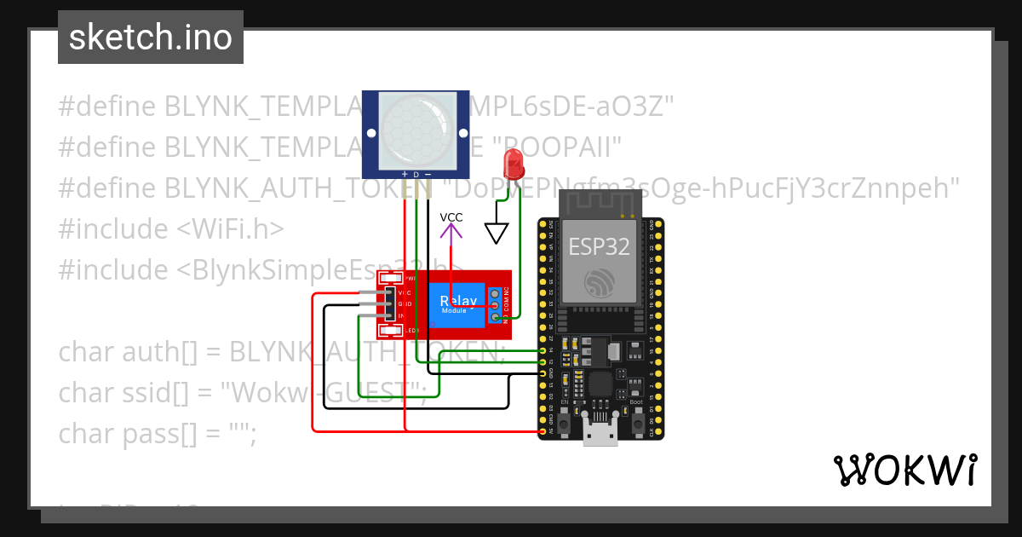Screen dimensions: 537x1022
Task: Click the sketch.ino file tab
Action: click(x=151, y=38)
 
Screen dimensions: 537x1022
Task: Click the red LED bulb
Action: click(x=514, y=162)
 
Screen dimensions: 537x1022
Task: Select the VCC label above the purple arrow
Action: click(x=451, y=217)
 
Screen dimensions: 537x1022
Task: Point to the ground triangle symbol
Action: click(x=496, y=233)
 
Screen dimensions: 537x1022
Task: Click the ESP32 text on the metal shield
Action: click(x=599, y=247)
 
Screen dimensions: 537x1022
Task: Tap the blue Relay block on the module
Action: click(x=458, y=303)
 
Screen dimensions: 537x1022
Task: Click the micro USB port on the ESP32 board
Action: click(x=600, y=432)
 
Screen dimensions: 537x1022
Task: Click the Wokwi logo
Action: click(x=904, y=470)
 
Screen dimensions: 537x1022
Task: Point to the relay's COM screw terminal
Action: click(x=495, y=305)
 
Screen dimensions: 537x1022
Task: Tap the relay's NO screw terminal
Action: click(x=495, y=319)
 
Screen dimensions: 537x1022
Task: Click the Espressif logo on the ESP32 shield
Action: click(x=599, y=284)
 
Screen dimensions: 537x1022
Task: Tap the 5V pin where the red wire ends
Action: click(x=543, y=432)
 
